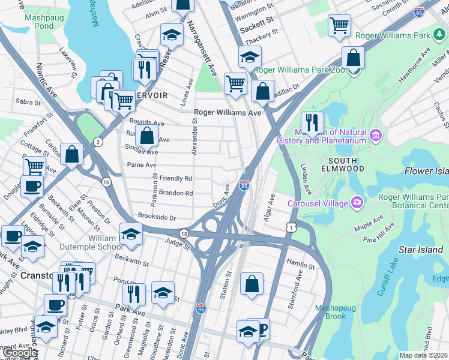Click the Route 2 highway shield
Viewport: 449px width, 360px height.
tap(98, 142)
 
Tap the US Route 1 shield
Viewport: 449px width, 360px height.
tap(291, 227)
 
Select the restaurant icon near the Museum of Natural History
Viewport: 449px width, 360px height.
tap(312, 122)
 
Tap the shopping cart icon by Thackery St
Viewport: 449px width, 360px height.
tap(339, 26)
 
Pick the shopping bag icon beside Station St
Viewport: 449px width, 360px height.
tap(252, 284)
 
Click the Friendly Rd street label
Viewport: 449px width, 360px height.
tap(176, 179)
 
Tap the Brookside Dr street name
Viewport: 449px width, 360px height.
tap(157, 218)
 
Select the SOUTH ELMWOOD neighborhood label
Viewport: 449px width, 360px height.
tap(342, 165)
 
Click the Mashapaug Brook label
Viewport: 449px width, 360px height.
tap(331, 312)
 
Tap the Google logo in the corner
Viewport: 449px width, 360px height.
tap(20, 353)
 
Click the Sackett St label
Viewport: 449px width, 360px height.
tap(256, 29)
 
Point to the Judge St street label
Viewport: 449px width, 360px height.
tap(177, 244)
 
